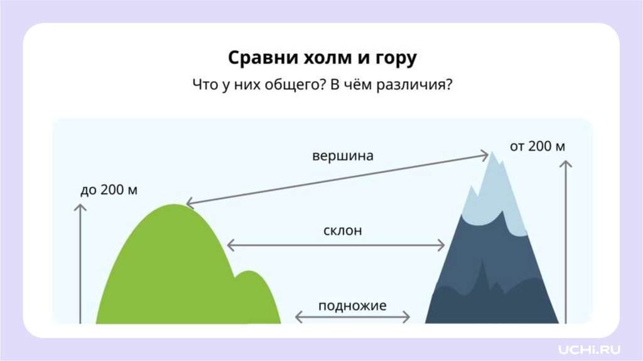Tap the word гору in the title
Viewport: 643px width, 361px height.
393,59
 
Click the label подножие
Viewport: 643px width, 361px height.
352,306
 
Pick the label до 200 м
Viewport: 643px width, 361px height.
109,190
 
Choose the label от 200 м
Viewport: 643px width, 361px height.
538,147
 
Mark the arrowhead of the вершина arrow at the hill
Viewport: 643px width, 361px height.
188,203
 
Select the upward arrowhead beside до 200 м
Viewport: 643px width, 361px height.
80,208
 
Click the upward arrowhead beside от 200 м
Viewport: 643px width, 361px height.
566,164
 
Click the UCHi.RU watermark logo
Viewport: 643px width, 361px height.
590,348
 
